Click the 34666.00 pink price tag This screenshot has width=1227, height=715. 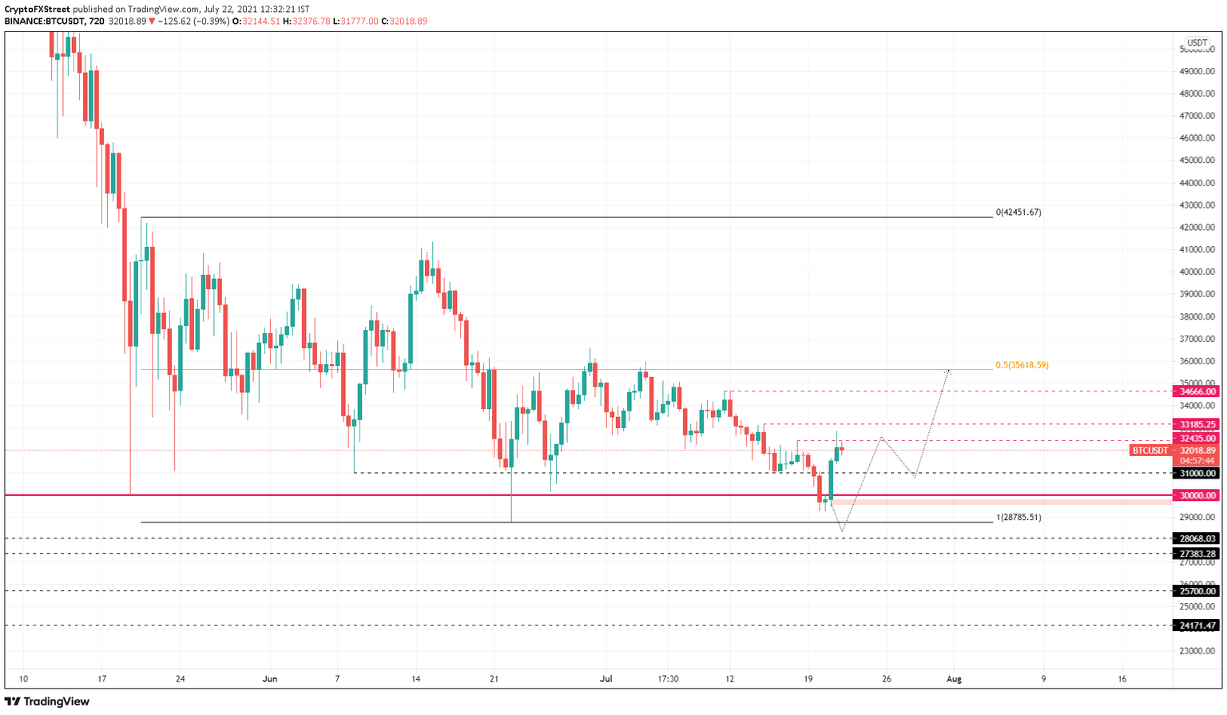pos(1196,391)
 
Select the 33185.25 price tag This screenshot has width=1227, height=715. pos(1196,425)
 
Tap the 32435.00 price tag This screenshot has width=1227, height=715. pos(1196,439)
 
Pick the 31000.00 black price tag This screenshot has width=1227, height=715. pos(1196,474)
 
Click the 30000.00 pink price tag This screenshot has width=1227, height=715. pos(1196,495)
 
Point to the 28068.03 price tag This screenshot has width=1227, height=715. pos(1196,538)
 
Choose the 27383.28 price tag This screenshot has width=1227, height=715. pos(1196,554)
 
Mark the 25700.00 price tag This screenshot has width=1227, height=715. pos(1196,591)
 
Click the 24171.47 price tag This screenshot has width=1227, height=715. pos(1196,626)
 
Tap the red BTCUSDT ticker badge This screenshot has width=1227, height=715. pos(1150,451)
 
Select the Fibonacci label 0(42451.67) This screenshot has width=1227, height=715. pos(1019,213)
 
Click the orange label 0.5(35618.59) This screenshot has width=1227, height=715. pos(1022,365)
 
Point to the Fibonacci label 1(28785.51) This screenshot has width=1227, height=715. pos(1019,518)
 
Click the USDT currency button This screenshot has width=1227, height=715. pos(1197,43)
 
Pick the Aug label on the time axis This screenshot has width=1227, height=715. pos(954,679)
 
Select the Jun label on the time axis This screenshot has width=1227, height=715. pos(270,679)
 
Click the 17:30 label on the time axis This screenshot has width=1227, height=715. pos(668,679)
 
